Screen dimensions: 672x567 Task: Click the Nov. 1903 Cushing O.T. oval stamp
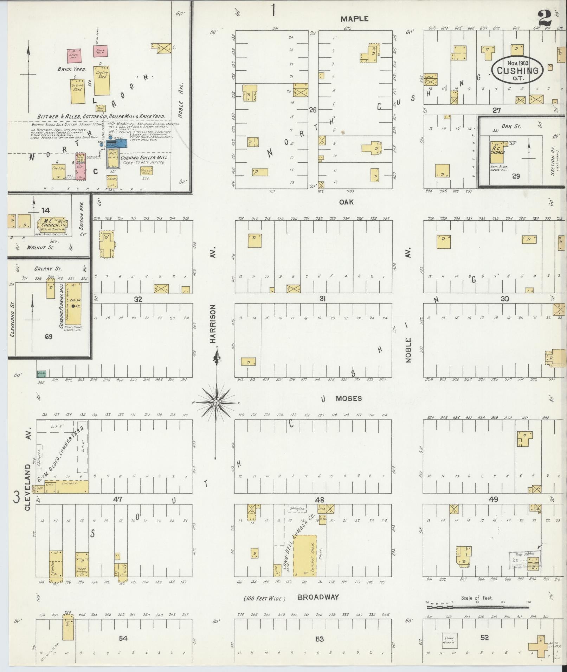(517, 70)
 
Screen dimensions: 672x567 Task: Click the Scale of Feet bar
(478, 606)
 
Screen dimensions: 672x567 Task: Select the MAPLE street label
(354, 19)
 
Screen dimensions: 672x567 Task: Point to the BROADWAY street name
(318, 597)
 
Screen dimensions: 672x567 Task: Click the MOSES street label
(349, 398)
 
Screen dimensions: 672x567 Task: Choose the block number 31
(322, 299)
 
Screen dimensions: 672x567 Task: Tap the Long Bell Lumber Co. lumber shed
(305, 556)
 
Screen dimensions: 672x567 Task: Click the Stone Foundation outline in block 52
(449, 640)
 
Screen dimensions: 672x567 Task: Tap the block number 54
(123, 638)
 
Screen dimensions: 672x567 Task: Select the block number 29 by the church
(516, 176)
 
